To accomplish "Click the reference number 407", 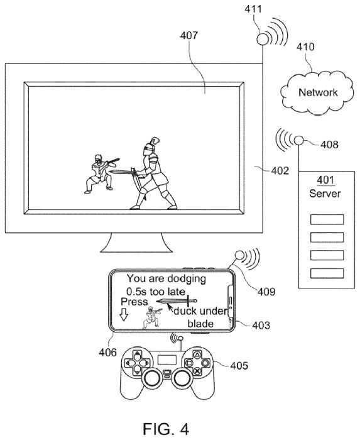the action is [188, 35].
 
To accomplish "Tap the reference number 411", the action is [253, 9].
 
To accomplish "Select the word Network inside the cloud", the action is [318, 92].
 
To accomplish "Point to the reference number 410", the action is [305, 47].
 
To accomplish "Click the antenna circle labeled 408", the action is [299, 140].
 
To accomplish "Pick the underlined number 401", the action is [325, 180].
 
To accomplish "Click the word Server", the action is [325, 194].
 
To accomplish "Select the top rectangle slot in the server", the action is [327, 219].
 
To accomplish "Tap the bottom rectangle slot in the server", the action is [327, 273].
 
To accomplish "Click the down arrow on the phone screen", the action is [124, 315].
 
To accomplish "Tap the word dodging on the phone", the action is [187, 279].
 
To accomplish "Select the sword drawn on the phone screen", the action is [177, 301].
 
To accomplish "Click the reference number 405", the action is [239, 366].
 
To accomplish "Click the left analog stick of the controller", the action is [153, 378].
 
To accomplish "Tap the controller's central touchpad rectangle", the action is [167, 360].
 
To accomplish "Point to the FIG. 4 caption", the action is [166, 429].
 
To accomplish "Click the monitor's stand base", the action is [136, 243].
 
